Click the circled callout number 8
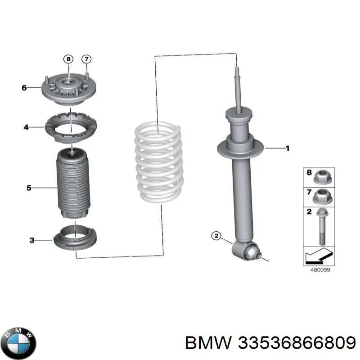click(x=68, y=59)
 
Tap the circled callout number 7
click(x=86, y=59)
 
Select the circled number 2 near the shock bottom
click(x=216, y=236)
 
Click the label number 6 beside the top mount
click(x=24, y=88)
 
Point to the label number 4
click(x=26, y=127)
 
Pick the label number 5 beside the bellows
click(x=29, y=188)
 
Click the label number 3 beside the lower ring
click(x=32, y=240)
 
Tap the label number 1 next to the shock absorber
click(x=287, y=148)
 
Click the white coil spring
click(x=159, y=162)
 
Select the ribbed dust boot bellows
click(x=73, y=184)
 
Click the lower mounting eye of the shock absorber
click(x=245, y=251)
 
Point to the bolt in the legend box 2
click(x=322, y=227)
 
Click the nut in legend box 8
click(x=322, y=177)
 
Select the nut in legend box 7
click(x=322, y=197)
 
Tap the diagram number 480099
click(x=320, y=270)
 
